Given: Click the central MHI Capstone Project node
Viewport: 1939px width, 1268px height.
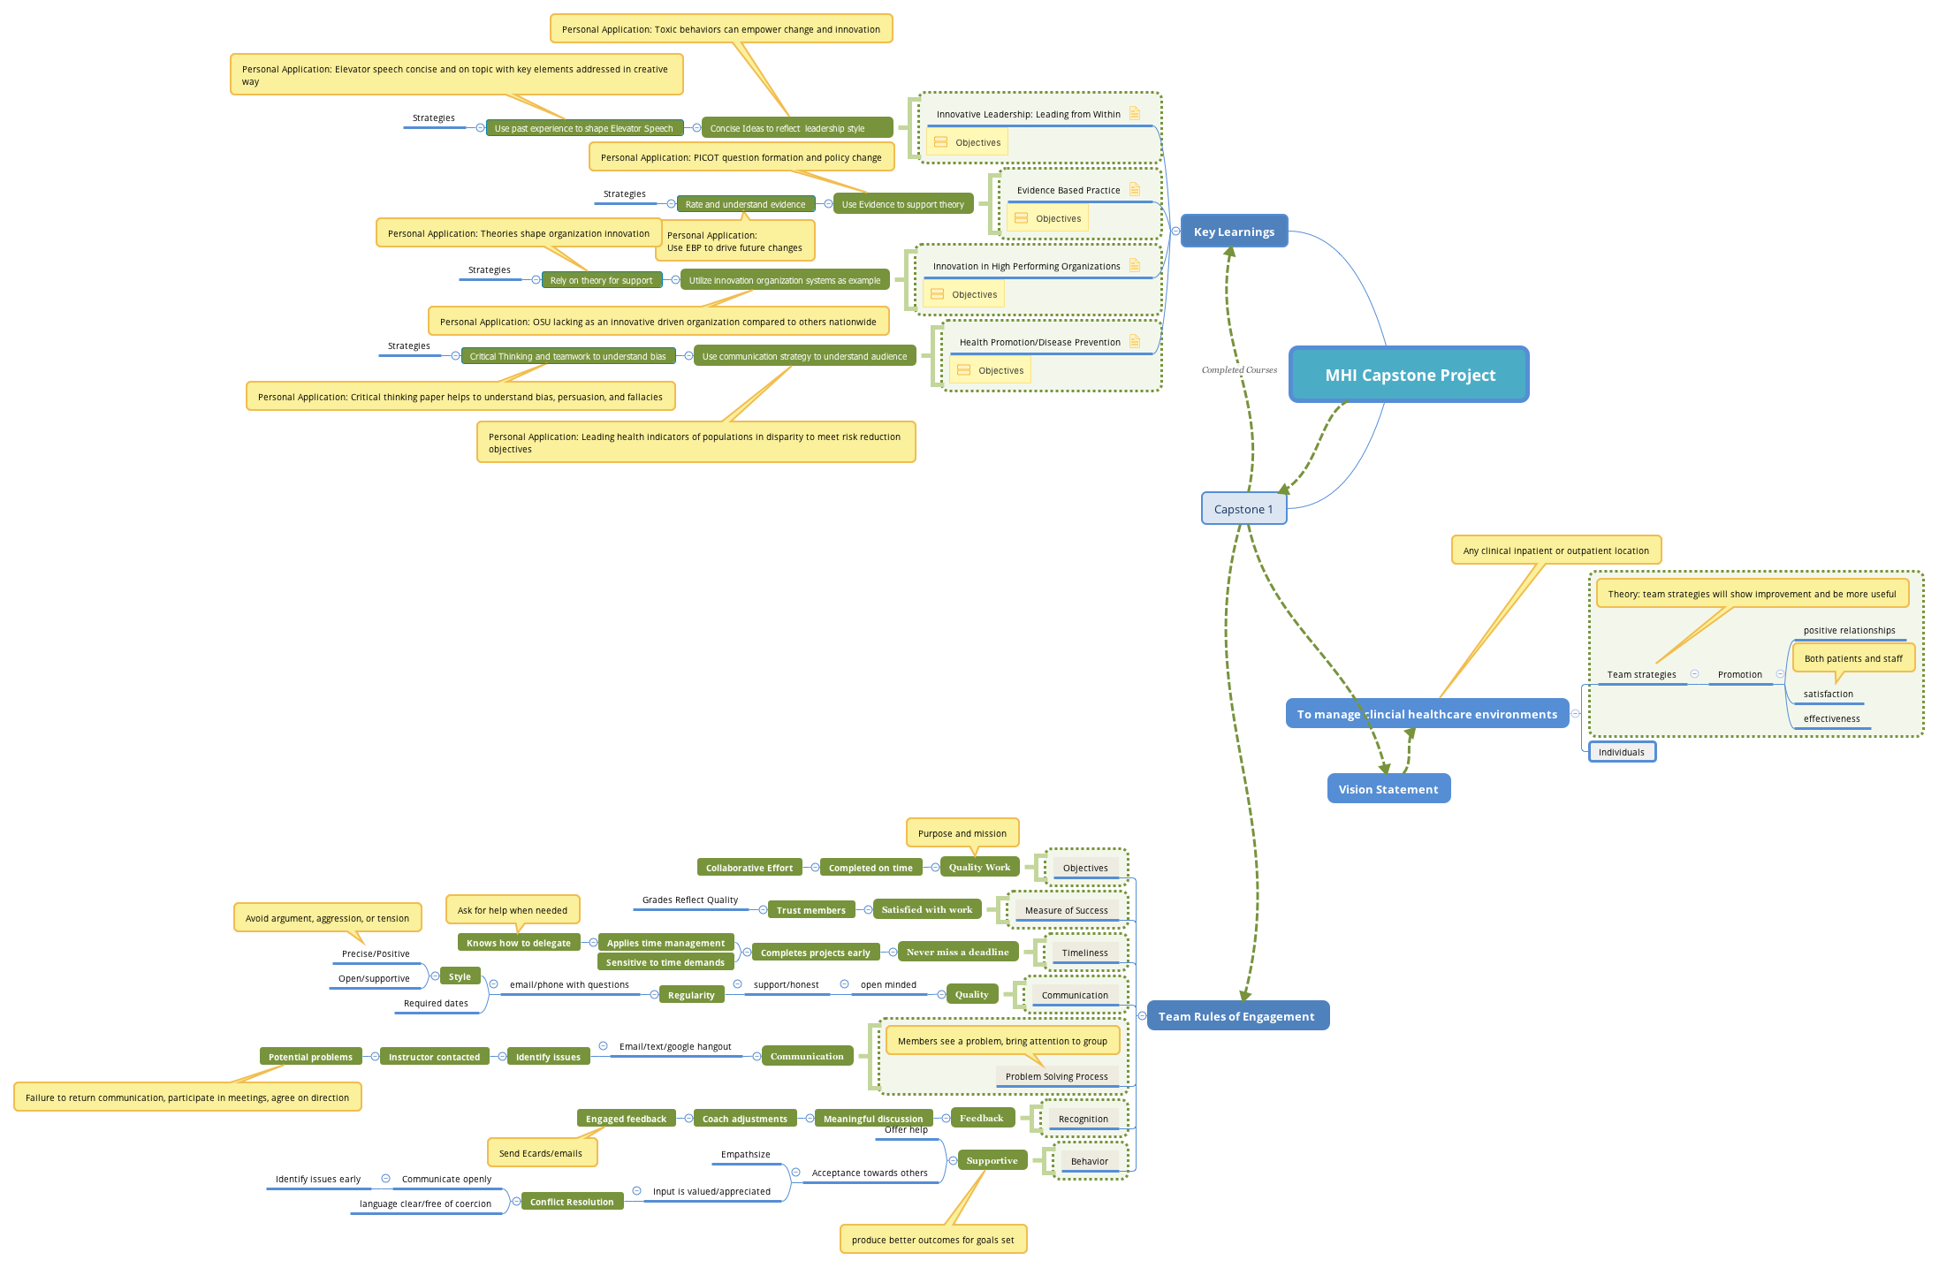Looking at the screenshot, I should (1409, 375).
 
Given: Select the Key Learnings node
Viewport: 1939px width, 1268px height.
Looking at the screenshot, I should (1234, 232).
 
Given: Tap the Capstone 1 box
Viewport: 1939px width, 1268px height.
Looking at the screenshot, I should (1243, 509).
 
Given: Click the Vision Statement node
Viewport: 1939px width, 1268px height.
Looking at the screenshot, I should (1388, 789).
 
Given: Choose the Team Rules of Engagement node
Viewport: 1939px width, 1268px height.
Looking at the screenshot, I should (1236, 1016).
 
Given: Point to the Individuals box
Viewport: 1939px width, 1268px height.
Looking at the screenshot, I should (1621, 752).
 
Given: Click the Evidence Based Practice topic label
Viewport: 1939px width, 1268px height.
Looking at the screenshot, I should (1068, 190).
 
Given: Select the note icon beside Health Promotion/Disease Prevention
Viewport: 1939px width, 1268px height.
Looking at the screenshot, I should (1135, 341).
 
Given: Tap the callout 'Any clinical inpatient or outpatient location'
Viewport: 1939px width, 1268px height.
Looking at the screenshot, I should (1555, 550).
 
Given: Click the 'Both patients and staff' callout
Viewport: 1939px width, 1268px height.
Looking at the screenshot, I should (1852, 658).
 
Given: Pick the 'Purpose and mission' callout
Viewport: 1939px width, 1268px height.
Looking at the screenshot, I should (962, 833).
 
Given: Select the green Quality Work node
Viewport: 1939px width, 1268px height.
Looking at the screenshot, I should (979, 867).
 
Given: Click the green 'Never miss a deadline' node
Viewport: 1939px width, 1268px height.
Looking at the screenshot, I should (957, 952).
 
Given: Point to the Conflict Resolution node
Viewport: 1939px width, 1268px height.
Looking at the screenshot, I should (571, 1202).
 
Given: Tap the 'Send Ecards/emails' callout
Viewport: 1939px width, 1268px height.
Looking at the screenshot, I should (541, 1153).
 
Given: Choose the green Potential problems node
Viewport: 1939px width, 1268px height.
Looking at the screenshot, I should (310, 1057).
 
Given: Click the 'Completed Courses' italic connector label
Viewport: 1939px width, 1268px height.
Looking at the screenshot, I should (1239, 370).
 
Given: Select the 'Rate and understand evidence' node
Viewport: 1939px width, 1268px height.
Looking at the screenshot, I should (745, 204).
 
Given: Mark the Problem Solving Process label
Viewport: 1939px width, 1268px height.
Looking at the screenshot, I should (1056, 1076).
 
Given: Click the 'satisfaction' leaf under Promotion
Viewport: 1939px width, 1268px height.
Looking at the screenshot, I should (1828, 694).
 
